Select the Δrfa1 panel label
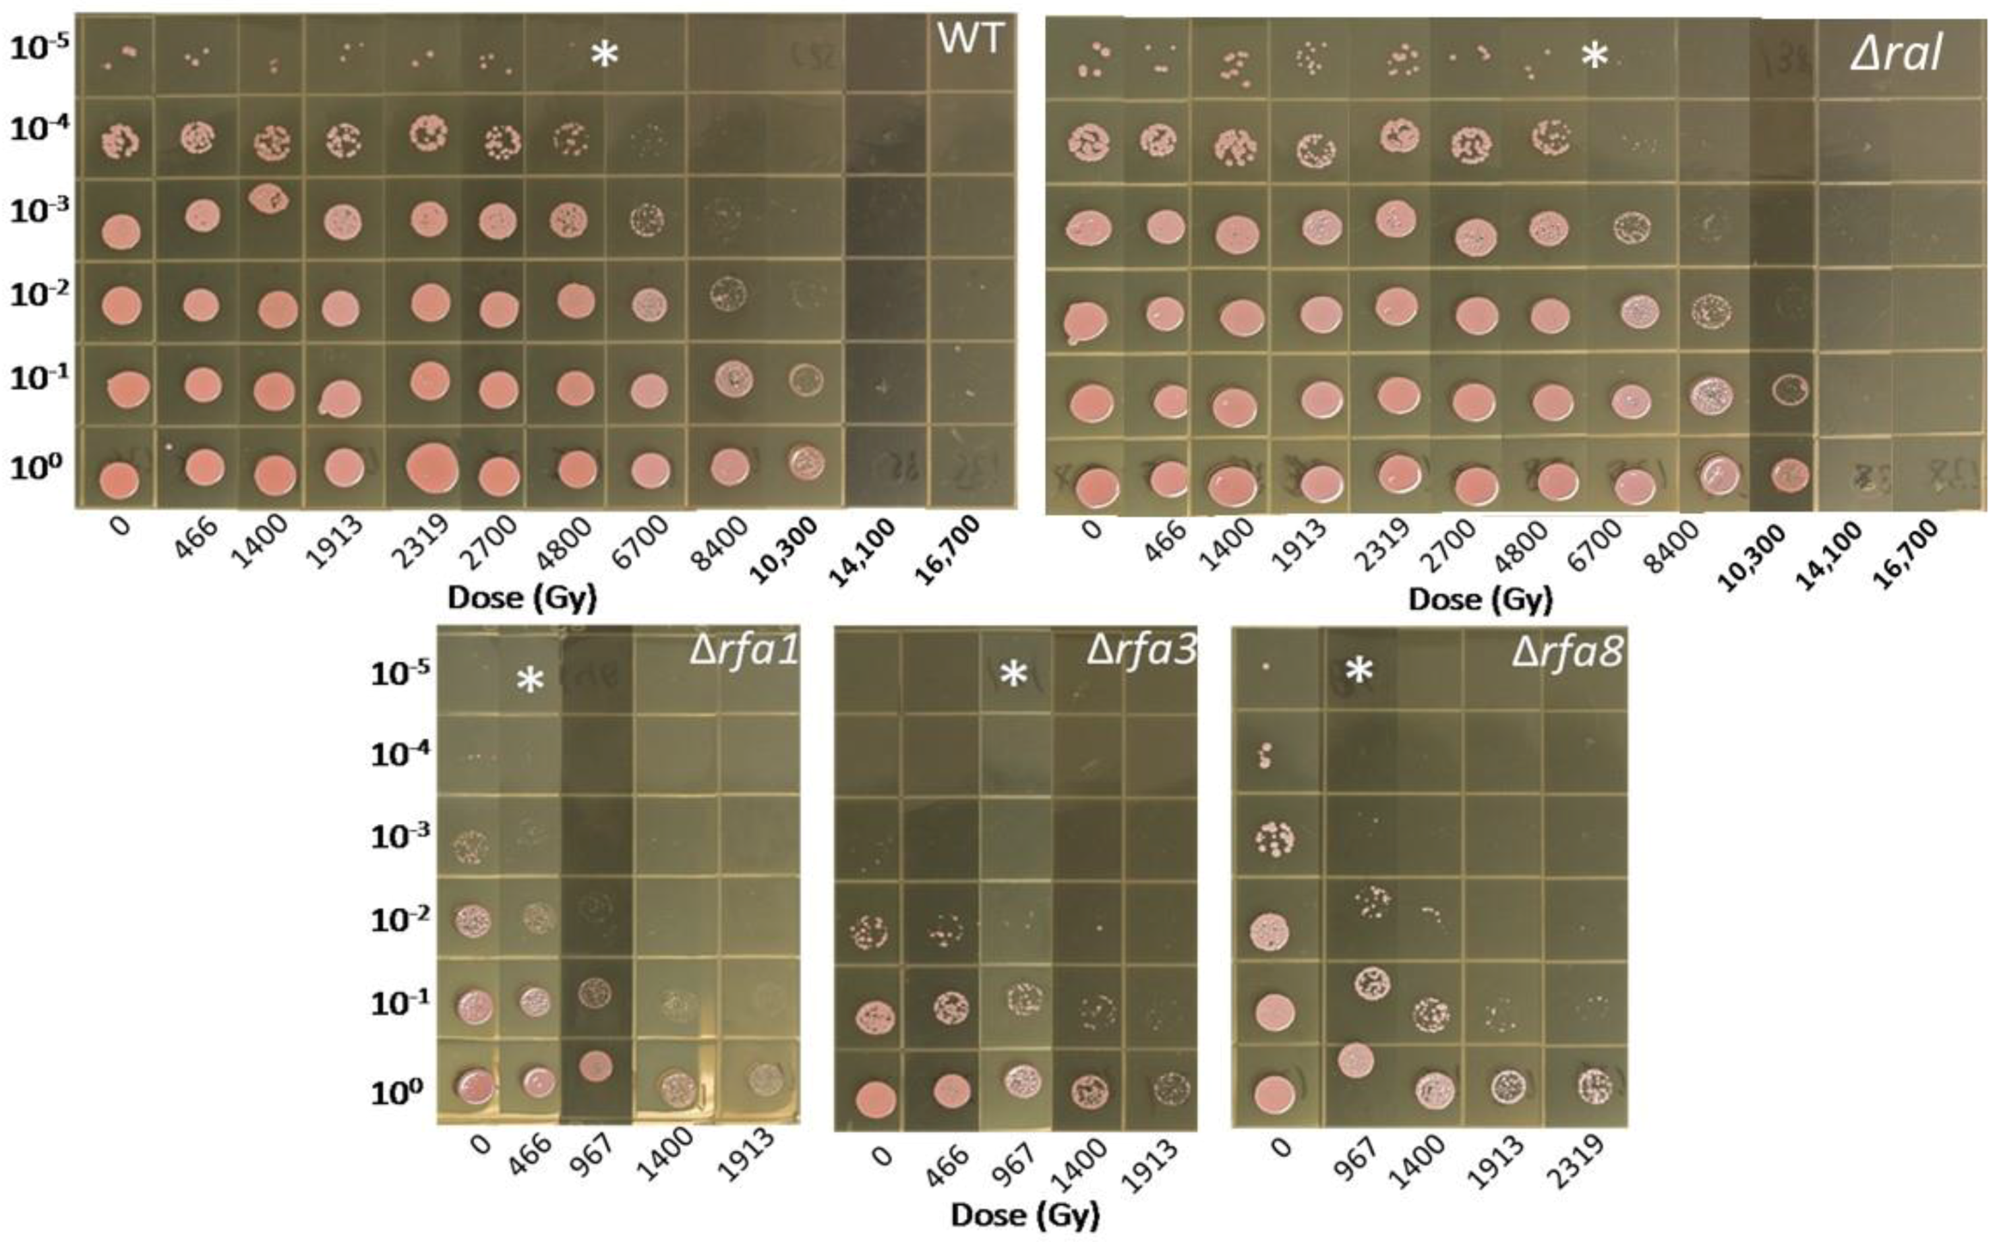click(x=743, y=650)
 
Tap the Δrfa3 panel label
click(x=1141, y=650)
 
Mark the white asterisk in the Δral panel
click(x=1593, y=57)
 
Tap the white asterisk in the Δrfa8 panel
click(x=1359, y=671)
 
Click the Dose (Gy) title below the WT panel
click(x=522, y=598)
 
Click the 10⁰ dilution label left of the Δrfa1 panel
click(x=398, y=1092)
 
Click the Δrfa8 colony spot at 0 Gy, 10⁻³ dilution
click(x=1274, y=839)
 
